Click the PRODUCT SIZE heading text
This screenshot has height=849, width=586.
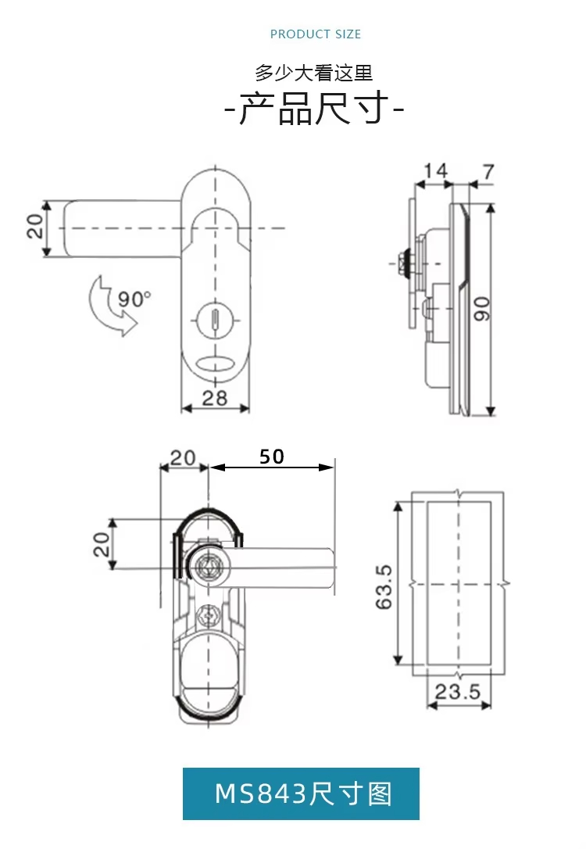coord(316,34)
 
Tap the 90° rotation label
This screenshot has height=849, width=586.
coord(133,299)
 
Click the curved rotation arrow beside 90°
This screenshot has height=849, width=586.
coord(110,306)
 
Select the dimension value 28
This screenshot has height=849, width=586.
coord(214,399)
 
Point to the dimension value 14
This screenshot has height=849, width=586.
coord(435,172)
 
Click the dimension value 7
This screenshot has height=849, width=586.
coord(488,172)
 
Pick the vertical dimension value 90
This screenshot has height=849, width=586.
coord(481,309)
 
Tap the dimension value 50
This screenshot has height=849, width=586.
coord(271,457)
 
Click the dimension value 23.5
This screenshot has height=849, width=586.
coord(458,691)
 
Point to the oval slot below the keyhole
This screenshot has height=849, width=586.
coord(215,364)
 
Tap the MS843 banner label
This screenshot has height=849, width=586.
coord(302,794)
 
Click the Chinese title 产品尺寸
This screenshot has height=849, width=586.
coord(314,109)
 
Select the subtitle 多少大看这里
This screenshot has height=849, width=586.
coord(314,73)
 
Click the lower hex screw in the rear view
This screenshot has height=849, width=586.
coord(208,615)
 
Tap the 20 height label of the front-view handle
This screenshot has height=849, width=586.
coord(34,227)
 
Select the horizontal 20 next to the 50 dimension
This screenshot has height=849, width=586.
coord(183,457)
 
